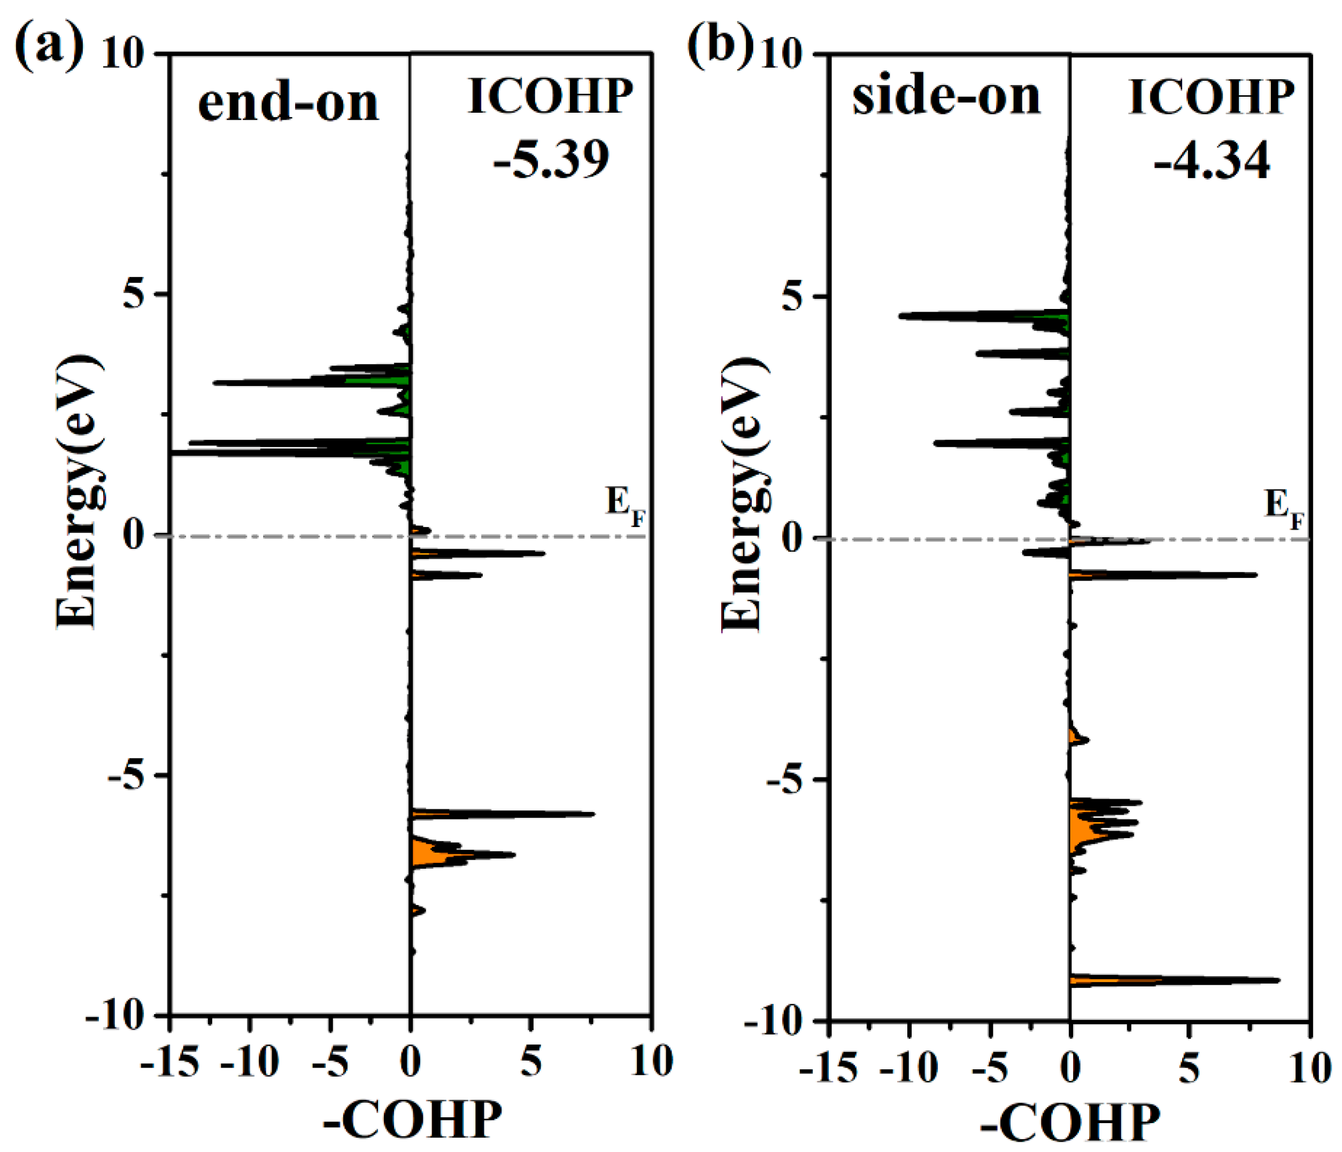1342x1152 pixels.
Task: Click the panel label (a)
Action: pos(49,49)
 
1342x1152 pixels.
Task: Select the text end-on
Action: pos(288,104)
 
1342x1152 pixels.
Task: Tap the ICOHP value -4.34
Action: pos(1211,161)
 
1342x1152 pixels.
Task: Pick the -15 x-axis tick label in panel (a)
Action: pos(169,1063)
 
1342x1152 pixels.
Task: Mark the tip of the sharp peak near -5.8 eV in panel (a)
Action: pos(593,814)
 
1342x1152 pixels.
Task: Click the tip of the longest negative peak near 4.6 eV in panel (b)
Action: pos(900,316)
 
